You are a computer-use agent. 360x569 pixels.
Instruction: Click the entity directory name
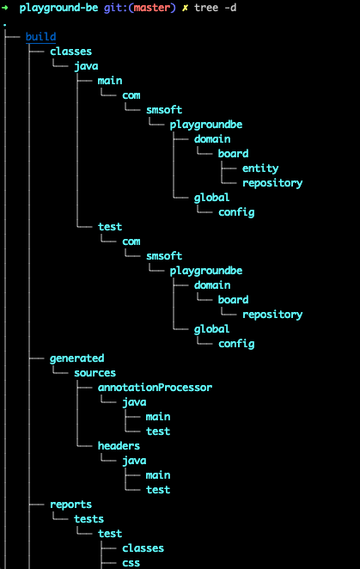click(x=259, y=168)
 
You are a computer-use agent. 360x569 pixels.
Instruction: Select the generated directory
click(x=76, y=358)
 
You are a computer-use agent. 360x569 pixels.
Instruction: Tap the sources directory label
click(x=95, y=373)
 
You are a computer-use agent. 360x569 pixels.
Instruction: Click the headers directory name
click(x=119, y=446)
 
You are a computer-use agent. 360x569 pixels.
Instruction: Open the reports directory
click(x=70, y=505)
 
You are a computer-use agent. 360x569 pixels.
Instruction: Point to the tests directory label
click(x=88, y=519)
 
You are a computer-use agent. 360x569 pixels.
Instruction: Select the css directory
click(x=131, y=563)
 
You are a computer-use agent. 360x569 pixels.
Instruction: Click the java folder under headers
click(x=134, y=461)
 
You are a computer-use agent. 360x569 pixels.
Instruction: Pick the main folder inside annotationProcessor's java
click(x=158, y=417)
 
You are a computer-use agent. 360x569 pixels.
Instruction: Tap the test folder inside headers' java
click(x=158, y=490)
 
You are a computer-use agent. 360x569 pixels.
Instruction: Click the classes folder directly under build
click(x=70, y=52)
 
